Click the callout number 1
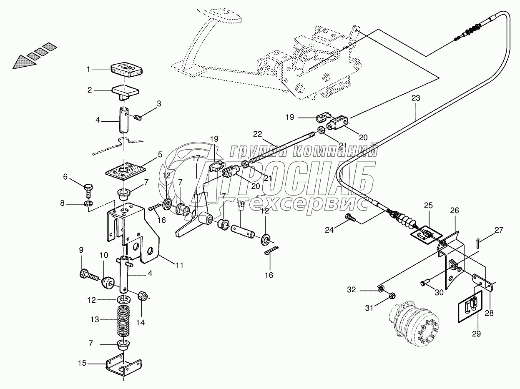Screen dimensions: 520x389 (88, 69)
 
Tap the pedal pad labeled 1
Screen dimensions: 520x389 (126, 70)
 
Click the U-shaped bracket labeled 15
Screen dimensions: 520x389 (123, 370)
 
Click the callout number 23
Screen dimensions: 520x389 (416, 98)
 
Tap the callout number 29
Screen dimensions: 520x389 (476, 334)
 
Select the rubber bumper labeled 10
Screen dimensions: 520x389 (108, 284)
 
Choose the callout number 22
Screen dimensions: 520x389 (258, 134)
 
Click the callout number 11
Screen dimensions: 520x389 (180, 266)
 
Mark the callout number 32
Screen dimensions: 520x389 (352, 289)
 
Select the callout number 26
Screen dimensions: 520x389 (455, 210)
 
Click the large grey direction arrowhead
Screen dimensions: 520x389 (25, 62)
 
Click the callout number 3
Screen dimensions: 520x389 (159, 104)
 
